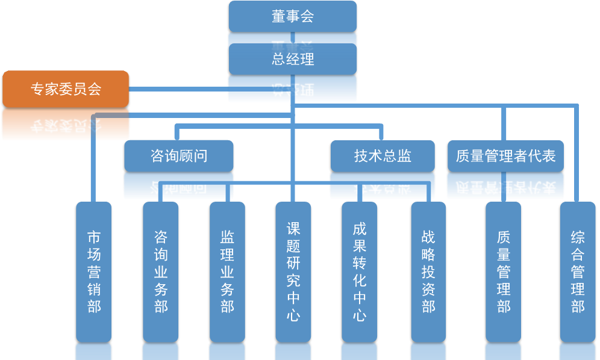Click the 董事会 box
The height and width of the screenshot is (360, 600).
coord(293,16)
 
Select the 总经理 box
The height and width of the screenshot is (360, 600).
coord(293,59)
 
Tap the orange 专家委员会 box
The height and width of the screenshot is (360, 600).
coord(66,89)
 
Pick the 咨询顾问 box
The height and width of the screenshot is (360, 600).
coord(178,156)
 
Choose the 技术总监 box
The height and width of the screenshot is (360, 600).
coord(383,156)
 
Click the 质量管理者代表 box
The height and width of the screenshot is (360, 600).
coord(505,156)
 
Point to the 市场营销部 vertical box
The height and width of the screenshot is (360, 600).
coord(94,271)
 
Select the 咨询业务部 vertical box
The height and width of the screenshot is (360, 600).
coord(161,271)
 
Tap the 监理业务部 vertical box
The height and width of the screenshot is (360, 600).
coord(227,271)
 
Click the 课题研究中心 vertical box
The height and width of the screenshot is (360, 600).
coord(293,271)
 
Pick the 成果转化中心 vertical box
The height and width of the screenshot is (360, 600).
coord(360,271)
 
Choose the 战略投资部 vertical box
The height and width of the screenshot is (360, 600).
coord(428,271)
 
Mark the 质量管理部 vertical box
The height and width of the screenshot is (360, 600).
coord(504,271)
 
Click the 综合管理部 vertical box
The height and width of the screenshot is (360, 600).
coord(578,271)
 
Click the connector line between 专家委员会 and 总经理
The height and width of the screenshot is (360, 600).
coord(178,90)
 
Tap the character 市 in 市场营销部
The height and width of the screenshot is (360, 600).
coord(94,235)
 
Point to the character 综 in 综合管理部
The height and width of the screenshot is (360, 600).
coord(578,237)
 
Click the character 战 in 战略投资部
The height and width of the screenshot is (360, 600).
coord(428,237)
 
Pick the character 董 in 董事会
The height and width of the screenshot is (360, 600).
coord(278,16)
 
